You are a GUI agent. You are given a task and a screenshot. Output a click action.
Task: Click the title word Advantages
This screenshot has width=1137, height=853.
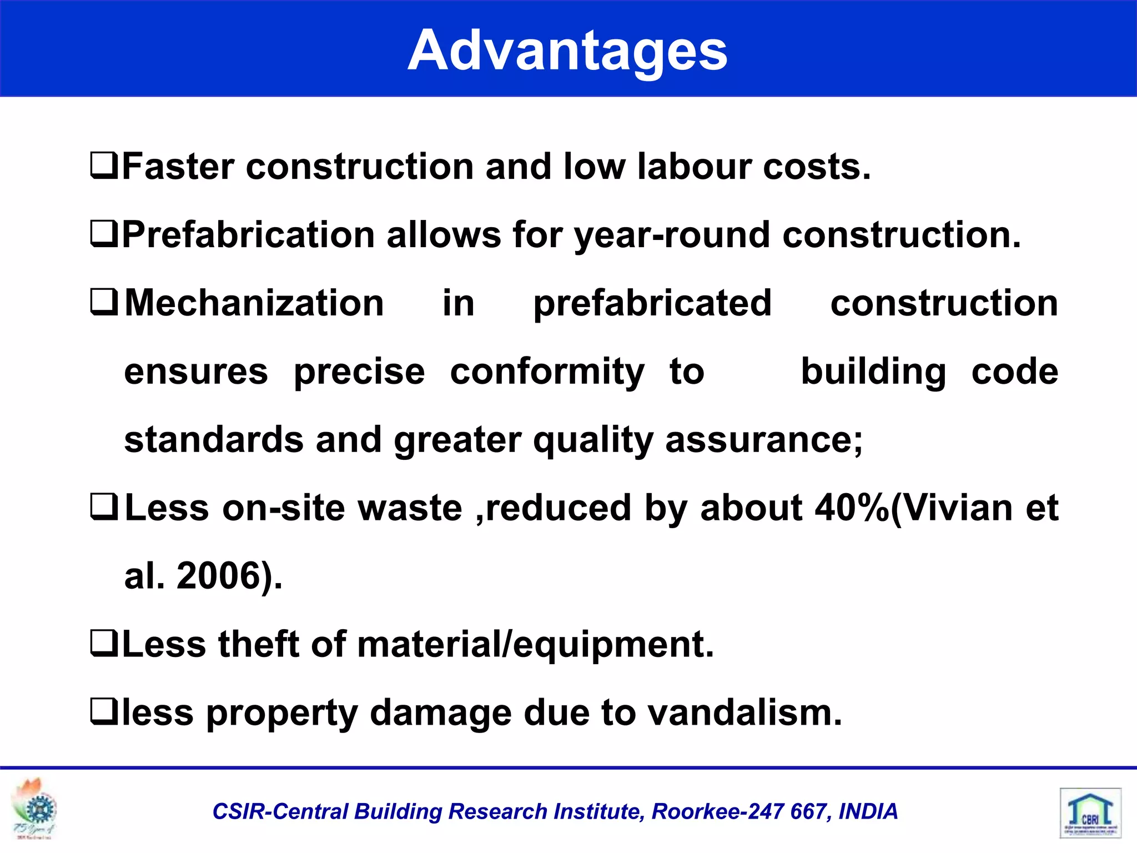click(567, 51)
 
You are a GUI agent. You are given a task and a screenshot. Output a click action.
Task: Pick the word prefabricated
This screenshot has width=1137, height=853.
click(652, 304)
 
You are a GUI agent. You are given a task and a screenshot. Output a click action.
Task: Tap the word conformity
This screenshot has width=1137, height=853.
click(547, 372)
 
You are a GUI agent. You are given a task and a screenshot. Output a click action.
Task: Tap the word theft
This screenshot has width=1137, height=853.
click(259, 644)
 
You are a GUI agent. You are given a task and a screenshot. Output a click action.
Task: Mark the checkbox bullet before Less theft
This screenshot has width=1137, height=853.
click(104, 644)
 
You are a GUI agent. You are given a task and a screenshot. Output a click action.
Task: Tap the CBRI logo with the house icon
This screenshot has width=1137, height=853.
click(1090, 813)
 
